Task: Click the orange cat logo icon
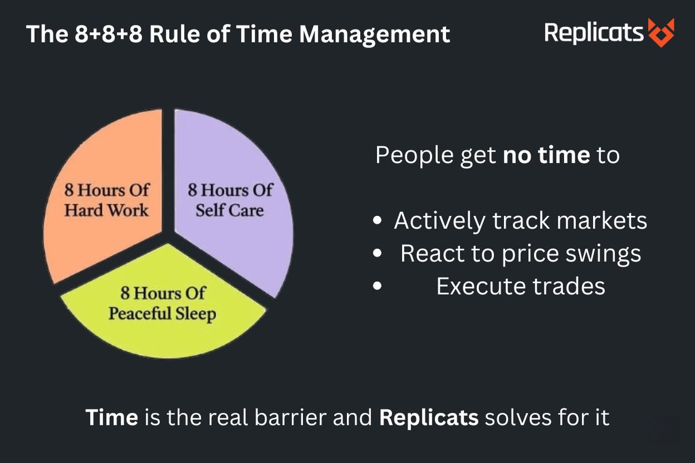point(661,32)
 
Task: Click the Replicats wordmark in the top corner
point(594,32)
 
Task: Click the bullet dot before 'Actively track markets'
point(378,222)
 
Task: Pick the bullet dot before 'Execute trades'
point(378,286)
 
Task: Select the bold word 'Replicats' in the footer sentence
point(429,418)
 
